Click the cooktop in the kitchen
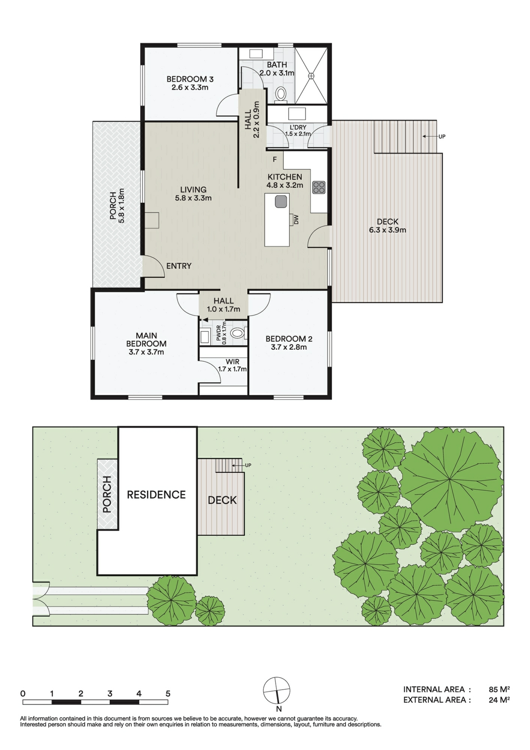pyautogui.click(x=319, y=187)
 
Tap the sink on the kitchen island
pyautogui.click(x=281, y=202)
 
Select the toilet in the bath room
pyautogui.click(x=281, y=93)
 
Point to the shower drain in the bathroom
pyautogui.click(x=311, y=76)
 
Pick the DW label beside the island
pyautogui.click(x=296, y=220)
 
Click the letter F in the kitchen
pyautogui.click(x=275, y=160)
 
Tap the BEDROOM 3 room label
pyautogui.click(x=190, y=79)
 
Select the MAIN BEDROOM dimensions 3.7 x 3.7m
pyautogui.click(x=146, y=352)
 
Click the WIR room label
pyautogui.click(x=232, y=362)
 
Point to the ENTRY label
pyautogui.click(x=179, y=266)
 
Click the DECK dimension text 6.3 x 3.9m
pyautogui.click(x=388, y=230)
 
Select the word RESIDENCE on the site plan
pyautogui.click(x=156, y=495)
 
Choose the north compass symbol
pyautogui.click(x=277, y=691)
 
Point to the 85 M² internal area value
pyautogui.click(x=499, y=689)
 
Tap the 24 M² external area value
pyautogui.click(x=499, y=700)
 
